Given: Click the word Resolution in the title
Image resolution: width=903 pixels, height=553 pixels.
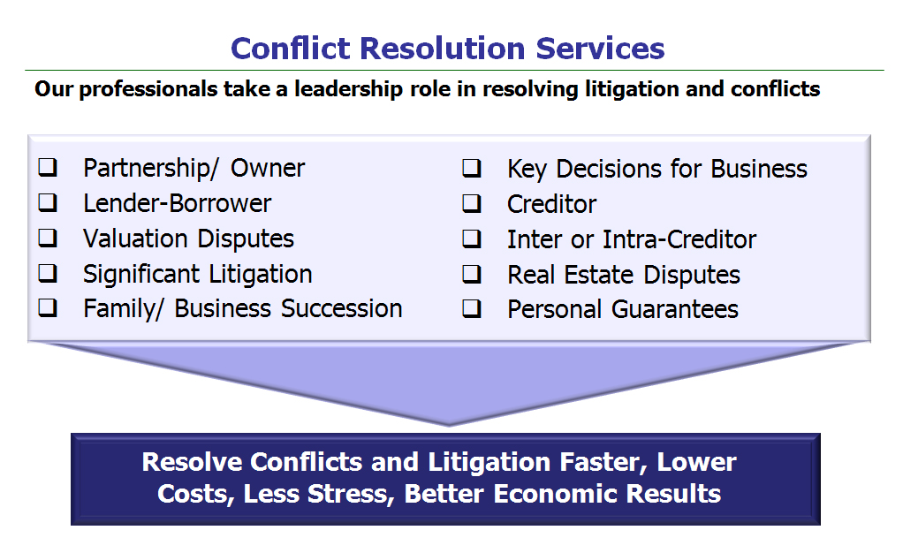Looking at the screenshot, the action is point(443,49).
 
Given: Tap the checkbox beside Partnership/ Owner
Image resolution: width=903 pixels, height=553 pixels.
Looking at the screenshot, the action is point(48,168).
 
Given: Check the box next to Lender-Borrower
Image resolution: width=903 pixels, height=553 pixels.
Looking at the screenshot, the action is point(48,203).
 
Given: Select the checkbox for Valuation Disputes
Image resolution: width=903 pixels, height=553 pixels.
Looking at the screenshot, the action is point(48,238).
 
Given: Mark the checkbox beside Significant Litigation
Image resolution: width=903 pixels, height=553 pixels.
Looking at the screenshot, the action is point(48,273).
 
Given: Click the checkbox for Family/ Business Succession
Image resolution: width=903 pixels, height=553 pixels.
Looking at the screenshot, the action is point(48,308).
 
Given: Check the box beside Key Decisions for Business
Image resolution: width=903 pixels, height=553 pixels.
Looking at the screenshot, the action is point(472,168).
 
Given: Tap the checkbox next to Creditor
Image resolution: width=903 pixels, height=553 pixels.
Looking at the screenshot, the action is point(472,203).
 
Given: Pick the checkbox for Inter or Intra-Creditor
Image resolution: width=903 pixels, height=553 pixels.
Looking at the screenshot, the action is point(472,239).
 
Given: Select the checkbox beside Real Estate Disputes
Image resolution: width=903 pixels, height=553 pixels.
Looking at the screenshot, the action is point(472,274).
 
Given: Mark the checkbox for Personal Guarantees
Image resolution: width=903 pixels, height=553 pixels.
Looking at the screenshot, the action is point(472,309).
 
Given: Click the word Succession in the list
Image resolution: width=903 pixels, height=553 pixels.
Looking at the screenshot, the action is point(342,309).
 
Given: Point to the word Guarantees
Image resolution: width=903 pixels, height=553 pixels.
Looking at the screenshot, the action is point(675,310).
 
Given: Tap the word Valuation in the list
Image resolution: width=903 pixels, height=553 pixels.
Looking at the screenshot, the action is point(135,239).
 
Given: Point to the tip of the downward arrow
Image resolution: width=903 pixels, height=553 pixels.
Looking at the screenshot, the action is point(449,426).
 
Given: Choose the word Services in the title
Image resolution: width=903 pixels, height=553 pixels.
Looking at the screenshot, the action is point(600,49).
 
